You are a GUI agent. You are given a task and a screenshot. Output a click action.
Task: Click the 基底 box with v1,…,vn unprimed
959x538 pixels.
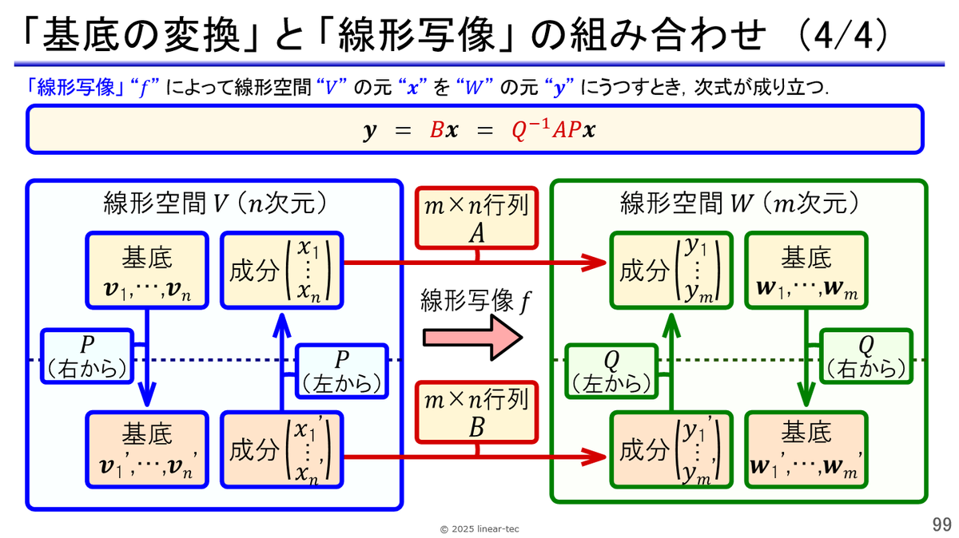pos(146,271)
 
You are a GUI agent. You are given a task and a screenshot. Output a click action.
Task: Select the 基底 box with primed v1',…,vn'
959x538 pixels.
pos(146,449)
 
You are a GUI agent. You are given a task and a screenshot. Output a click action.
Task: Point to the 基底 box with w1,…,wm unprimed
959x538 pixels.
pos(806,271)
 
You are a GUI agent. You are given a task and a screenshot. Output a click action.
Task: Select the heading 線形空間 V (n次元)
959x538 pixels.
pos(214,204)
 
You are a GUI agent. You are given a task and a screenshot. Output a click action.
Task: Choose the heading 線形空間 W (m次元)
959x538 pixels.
pos(739,204)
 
